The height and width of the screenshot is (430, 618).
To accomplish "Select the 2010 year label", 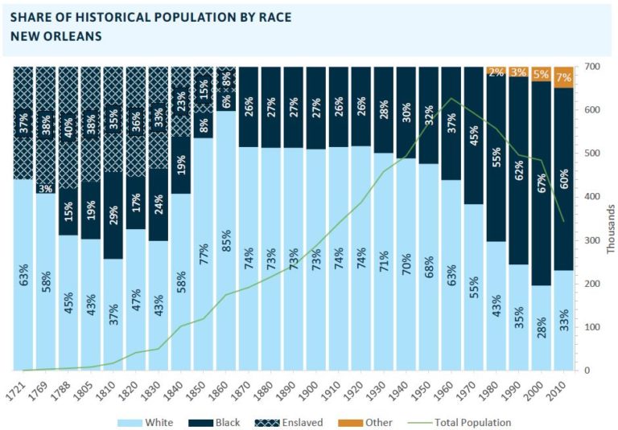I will (566, 384).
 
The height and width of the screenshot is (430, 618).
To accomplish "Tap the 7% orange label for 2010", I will (565, 77).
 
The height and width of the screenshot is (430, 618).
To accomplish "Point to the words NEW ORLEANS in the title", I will (56, 37).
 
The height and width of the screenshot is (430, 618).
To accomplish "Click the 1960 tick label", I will (453, 384).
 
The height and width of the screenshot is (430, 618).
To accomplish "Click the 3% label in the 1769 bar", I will (47, 188).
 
